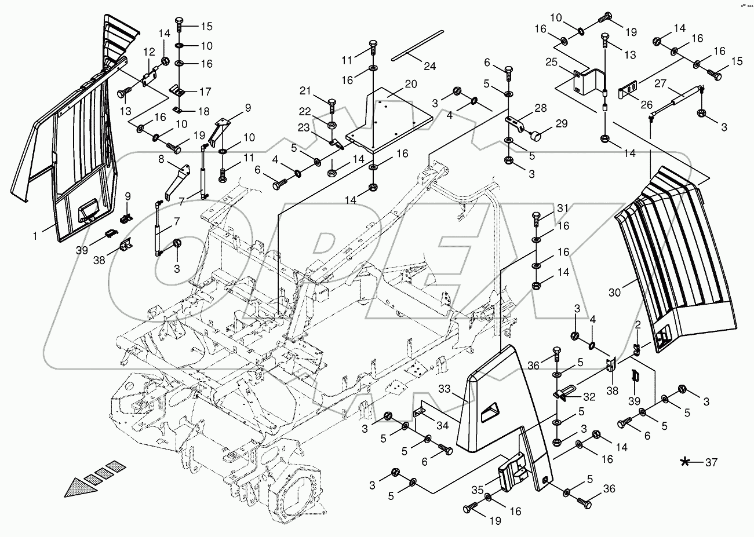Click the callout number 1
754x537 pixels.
pos(37,235)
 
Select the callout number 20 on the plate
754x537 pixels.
pos(411,83)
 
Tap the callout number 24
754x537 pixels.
pos(429,66)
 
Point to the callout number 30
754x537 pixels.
pos(614,293)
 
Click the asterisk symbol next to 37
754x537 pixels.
pos(686,462)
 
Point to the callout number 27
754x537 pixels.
pos(661,82)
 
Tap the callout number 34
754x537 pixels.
pos(443,426)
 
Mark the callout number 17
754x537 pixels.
pos(206,92)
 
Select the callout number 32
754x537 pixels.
pos(589,397)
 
